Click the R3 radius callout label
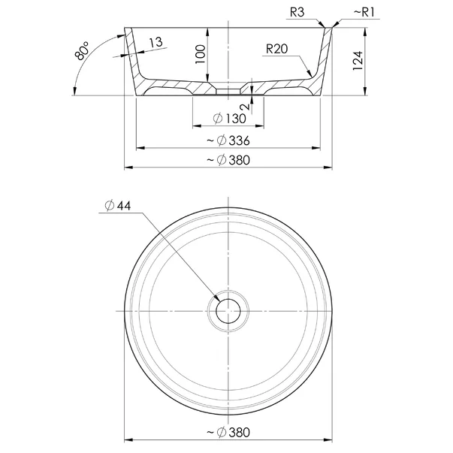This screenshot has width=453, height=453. (297, 13)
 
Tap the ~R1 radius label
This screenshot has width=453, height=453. (364, 13)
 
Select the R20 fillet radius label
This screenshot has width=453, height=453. (276, 49)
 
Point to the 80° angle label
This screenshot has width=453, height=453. (82, 50)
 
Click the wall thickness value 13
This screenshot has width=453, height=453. (156, 43)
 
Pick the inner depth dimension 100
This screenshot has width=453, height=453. (201, 54)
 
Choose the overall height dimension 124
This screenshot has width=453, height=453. (358, 60)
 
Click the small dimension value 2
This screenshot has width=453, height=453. (246, 107)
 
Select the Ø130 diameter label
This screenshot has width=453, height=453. (230, 119)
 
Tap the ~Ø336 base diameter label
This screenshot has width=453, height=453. (228, 140)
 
